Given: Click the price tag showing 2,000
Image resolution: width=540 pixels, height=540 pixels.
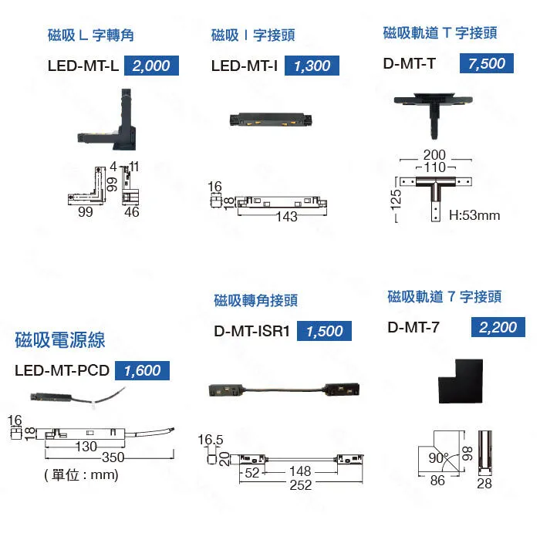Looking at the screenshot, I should (151, 66).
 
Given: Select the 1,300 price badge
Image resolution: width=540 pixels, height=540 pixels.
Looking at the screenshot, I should (312, 66).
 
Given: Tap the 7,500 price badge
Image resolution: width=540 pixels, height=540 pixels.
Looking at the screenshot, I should (487, 63).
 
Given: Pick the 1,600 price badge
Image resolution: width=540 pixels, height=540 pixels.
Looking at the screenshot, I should (142, 370).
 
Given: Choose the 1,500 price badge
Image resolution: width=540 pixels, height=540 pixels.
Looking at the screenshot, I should (324, 331).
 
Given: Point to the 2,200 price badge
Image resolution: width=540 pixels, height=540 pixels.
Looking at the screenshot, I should (498, 327).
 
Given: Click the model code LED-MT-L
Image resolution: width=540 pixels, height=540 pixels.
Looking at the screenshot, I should (83, 66).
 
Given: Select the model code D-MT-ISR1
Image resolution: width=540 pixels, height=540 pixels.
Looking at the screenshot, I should (251, 331).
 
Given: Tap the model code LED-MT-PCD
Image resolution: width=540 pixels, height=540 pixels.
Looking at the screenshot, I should (62, 370).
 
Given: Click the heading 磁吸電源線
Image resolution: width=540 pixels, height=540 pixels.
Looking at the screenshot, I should (60, 339).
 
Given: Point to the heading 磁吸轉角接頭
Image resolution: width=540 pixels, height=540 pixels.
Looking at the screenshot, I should (255, 300).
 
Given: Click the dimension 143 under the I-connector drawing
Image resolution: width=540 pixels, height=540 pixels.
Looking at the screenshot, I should (286, 217).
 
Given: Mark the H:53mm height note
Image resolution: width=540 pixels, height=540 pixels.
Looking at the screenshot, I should (474, 215).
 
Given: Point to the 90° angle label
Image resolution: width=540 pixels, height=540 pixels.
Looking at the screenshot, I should (438, 457).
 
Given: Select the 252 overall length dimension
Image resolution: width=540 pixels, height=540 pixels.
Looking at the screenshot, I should (301, 484).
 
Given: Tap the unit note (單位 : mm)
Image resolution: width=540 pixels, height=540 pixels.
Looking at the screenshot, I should (81, 474).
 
